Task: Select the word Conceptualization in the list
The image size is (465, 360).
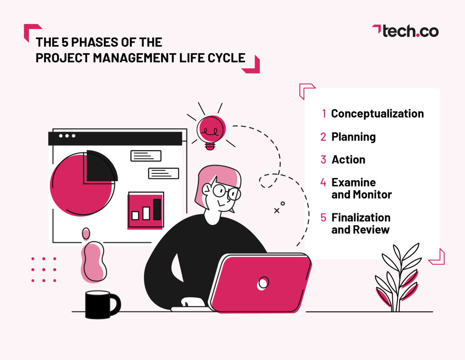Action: (377, 113)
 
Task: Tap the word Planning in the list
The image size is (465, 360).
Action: (353, 137)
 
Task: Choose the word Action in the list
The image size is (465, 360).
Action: (348, 160)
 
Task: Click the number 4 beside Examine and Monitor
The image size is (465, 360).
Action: (323, 182)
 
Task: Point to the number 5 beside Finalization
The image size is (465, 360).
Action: (323, 217)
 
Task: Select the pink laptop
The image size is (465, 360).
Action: (261, 284)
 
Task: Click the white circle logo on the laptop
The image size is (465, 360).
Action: (262, 283)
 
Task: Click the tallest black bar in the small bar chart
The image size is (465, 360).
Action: (157, 209)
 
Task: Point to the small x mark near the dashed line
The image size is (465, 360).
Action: (276, 211)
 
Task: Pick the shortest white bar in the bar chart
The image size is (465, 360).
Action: (135, 216)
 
